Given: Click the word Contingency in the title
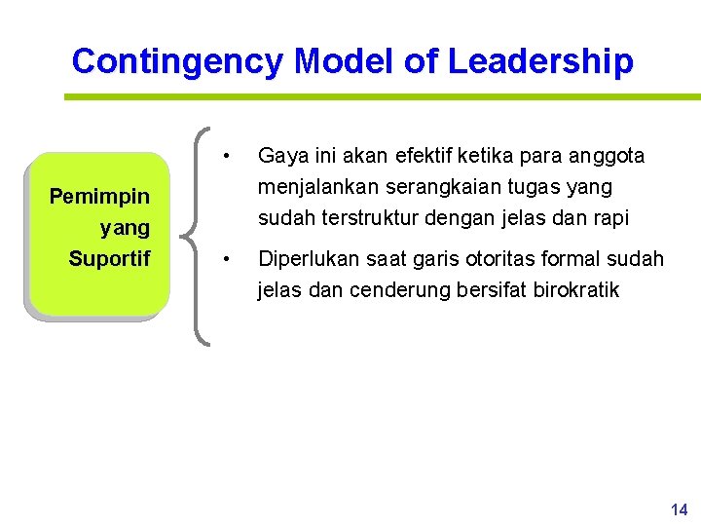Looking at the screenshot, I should [x=178, y=61].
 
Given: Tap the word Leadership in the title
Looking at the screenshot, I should [x=540, y=61].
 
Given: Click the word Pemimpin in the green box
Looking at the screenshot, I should [x=99, y=197].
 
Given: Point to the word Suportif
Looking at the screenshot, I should [x=109, y=259].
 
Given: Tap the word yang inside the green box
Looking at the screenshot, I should [x=125, y=229].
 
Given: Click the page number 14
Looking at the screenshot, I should [x=679, y=509].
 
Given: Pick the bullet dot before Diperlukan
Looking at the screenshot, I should [x=226, y=259].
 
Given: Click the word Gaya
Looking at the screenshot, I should [x=279, y=156].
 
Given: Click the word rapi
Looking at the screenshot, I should [x=611, y=216].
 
